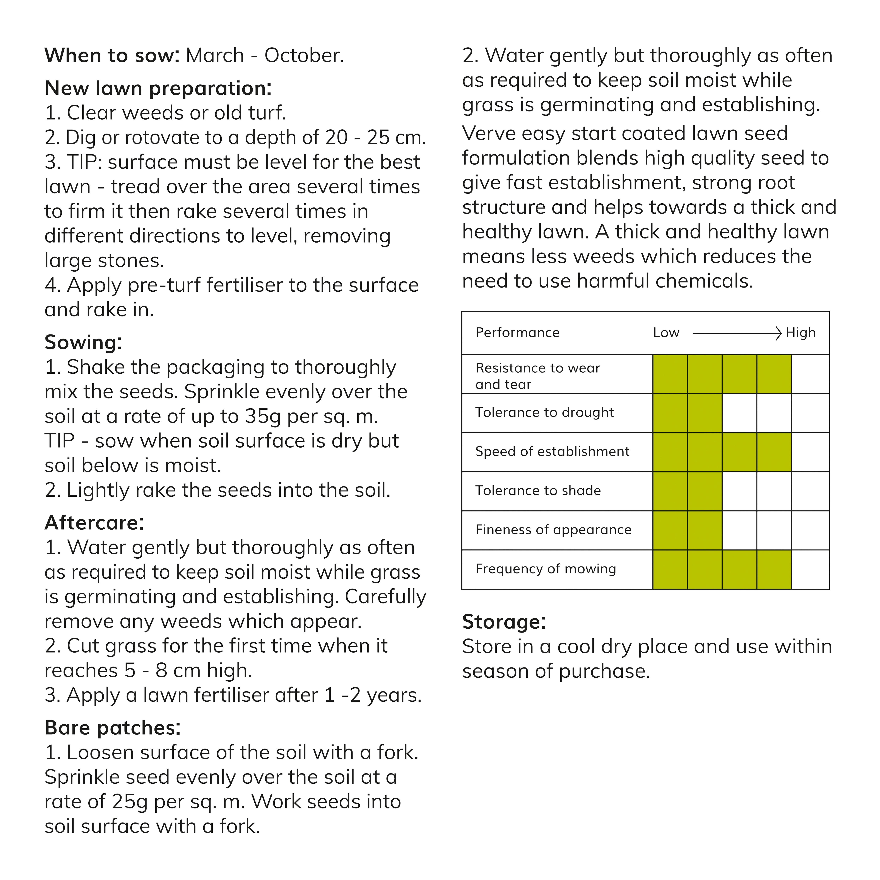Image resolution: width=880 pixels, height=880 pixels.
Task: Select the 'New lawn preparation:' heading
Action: [x=158, y=88]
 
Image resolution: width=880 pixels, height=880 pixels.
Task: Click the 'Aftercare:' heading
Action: [x=94, y=523]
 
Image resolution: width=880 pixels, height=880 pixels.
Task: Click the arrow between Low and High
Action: [x=736, y=333]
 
